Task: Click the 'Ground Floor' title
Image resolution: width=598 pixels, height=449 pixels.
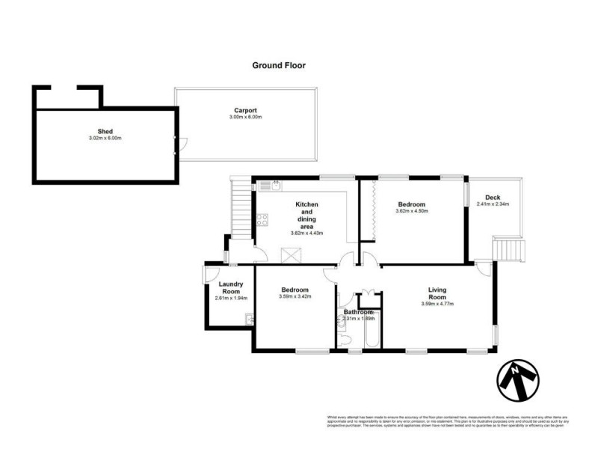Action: (x=278, y=65)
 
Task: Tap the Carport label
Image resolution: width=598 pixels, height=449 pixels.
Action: (x=245, y=110)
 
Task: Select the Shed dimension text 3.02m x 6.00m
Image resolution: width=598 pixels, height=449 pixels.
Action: (x=104, y=138)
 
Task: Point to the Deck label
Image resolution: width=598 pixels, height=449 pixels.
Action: (x=493, y=198)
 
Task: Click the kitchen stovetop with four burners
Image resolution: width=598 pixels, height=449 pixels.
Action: (x=263, y=220)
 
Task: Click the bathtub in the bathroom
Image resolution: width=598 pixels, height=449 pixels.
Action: (x=369, y=333)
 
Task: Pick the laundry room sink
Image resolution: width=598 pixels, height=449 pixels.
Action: (x=250, y=320)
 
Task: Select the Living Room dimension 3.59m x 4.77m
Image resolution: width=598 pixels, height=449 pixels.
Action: (x=437, y=303)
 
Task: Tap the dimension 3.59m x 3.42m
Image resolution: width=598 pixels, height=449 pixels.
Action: (x=295, y=297)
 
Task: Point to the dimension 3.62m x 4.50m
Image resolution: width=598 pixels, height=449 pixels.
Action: (x=411, y=211)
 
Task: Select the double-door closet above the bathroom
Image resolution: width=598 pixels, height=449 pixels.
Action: (x=367, y=294)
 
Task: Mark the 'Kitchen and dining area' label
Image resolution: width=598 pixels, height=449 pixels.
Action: (x=306, y=216)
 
